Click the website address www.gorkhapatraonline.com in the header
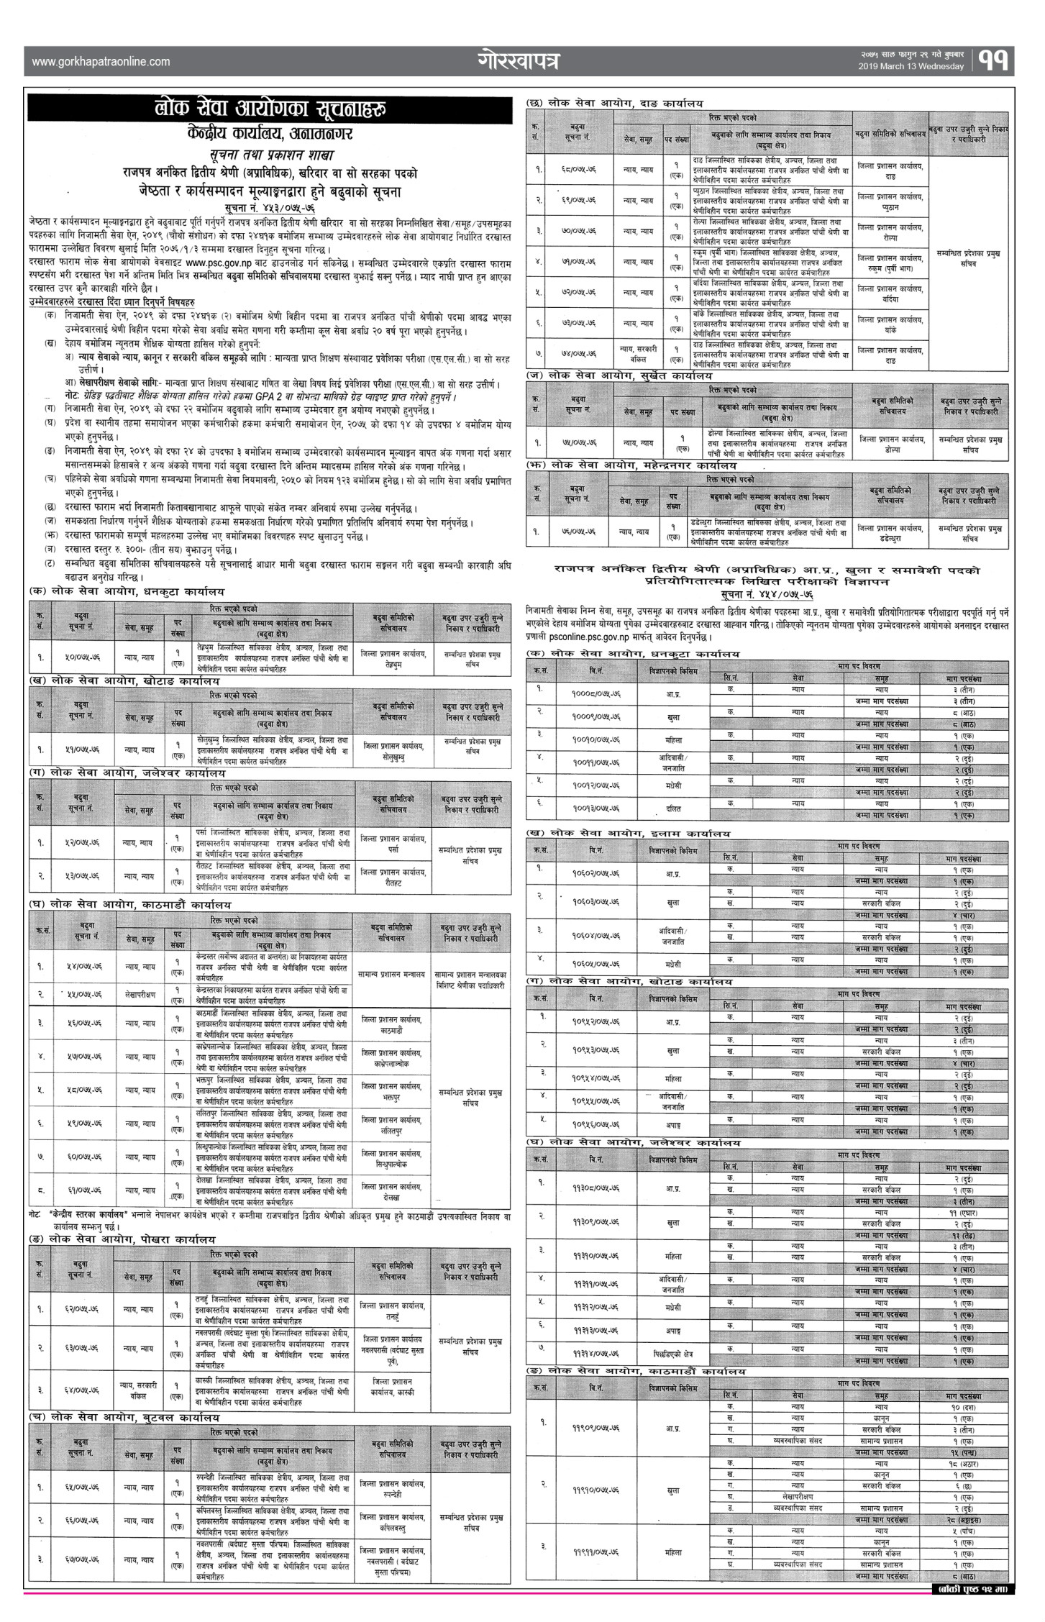point(101,62)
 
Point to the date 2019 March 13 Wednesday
point(911,67)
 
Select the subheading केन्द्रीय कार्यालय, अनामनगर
point(269,135)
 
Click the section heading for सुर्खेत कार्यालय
point(622,376)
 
